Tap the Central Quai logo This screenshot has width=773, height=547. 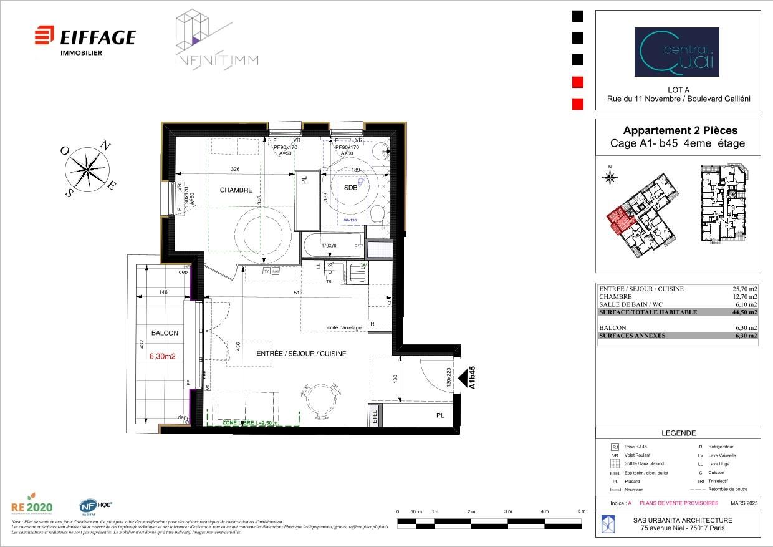coord(676,52)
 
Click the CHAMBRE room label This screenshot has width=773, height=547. coord(236,190)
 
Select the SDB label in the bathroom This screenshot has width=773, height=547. coord(351,189)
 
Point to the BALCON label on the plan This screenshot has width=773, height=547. coord(165,333)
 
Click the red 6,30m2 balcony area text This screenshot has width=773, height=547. coord(162,357)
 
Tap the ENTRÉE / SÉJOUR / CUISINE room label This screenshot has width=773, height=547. coord(301,354)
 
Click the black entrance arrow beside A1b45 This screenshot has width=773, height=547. coord(463,378)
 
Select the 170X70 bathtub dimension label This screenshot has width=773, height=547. coord(329,246)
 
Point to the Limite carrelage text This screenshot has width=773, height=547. coord(342,327)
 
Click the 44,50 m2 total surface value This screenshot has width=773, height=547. coord(744,312)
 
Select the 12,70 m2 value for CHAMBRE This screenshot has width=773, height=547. coord(744,297)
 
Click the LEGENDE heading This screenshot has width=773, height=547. coord(678,433)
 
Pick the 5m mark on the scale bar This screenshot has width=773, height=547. coord(582,511)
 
